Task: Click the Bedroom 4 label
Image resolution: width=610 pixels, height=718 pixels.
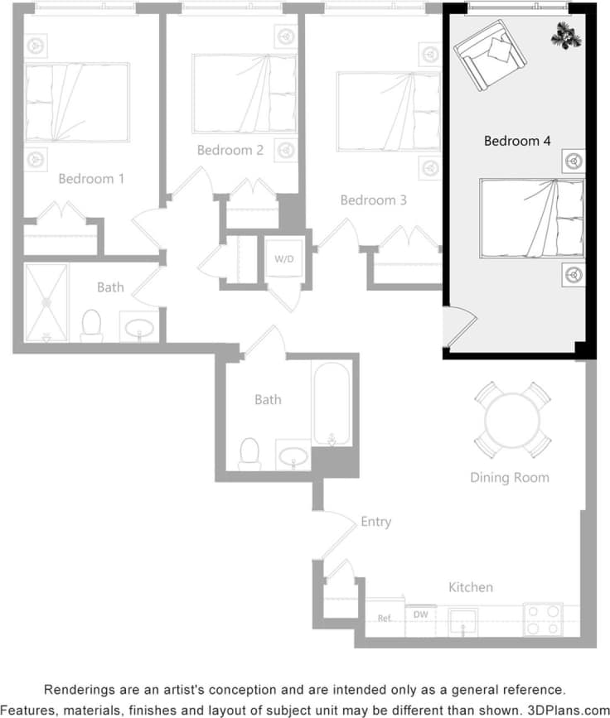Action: [x=517, y=141]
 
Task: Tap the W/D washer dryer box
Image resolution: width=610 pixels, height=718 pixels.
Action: [x=284, y=259]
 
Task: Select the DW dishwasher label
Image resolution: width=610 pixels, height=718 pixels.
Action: [x=420, y=614]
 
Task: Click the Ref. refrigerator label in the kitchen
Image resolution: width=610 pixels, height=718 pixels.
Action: [x=385, y=618]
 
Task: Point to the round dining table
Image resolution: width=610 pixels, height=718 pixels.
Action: [x=513, y=420]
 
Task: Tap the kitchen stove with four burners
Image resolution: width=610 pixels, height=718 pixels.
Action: [x=542, y=619]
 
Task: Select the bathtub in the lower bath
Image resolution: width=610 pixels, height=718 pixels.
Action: [x=332, y=403]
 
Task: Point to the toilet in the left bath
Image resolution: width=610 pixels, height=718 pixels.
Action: [x=92, y=325]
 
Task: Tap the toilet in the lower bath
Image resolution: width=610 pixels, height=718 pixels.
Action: [x=249, y=454]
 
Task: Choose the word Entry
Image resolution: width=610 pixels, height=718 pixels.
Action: [x=375, y=522]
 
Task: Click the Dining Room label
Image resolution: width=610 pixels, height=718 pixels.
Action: [x=509, y=477]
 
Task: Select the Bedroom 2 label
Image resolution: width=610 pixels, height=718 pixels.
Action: [x=230, y=150]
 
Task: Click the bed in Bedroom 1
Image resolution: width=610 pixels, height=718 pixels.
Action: [x=76, y=102]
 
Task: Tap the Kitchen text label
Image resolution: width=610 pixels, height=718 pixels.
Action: [x=471, y=587]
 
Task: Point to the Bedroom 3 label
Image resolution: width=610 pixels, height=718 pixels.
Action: [x=374, y=200]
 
